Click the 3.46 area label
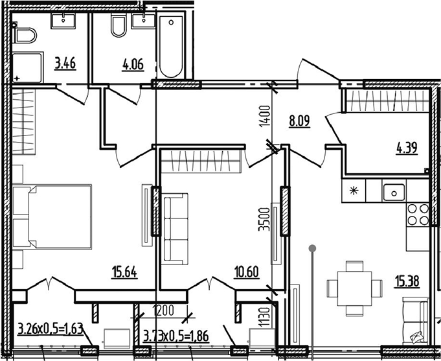[65, 64]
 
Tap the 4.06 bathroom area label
[133, 65]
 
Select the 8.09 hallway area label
[300, 121]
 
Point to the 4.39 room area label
[407, 148]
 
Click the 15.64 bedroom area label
[124, 272]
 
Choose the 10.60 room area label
[246, 272]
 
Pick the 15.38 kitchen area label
[407, 281]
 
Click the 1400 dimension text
[265, 116]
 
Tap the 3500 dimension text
[264, 219]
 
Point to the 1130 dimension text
[264, 318]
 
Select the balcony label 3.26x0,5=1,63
[51, 329]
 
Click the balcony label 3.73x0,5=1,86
[176, 336]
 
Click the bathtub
[171, 47]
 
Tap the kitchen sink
[394, 192]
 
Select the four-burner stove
[418, 214]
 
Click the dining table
[354, 288]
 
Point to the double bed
[52, 216]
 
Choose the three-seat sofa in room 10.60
[175, 229]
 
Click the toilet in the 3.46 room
[25, 35]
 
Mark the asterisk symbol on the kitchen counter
[353, 191]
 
